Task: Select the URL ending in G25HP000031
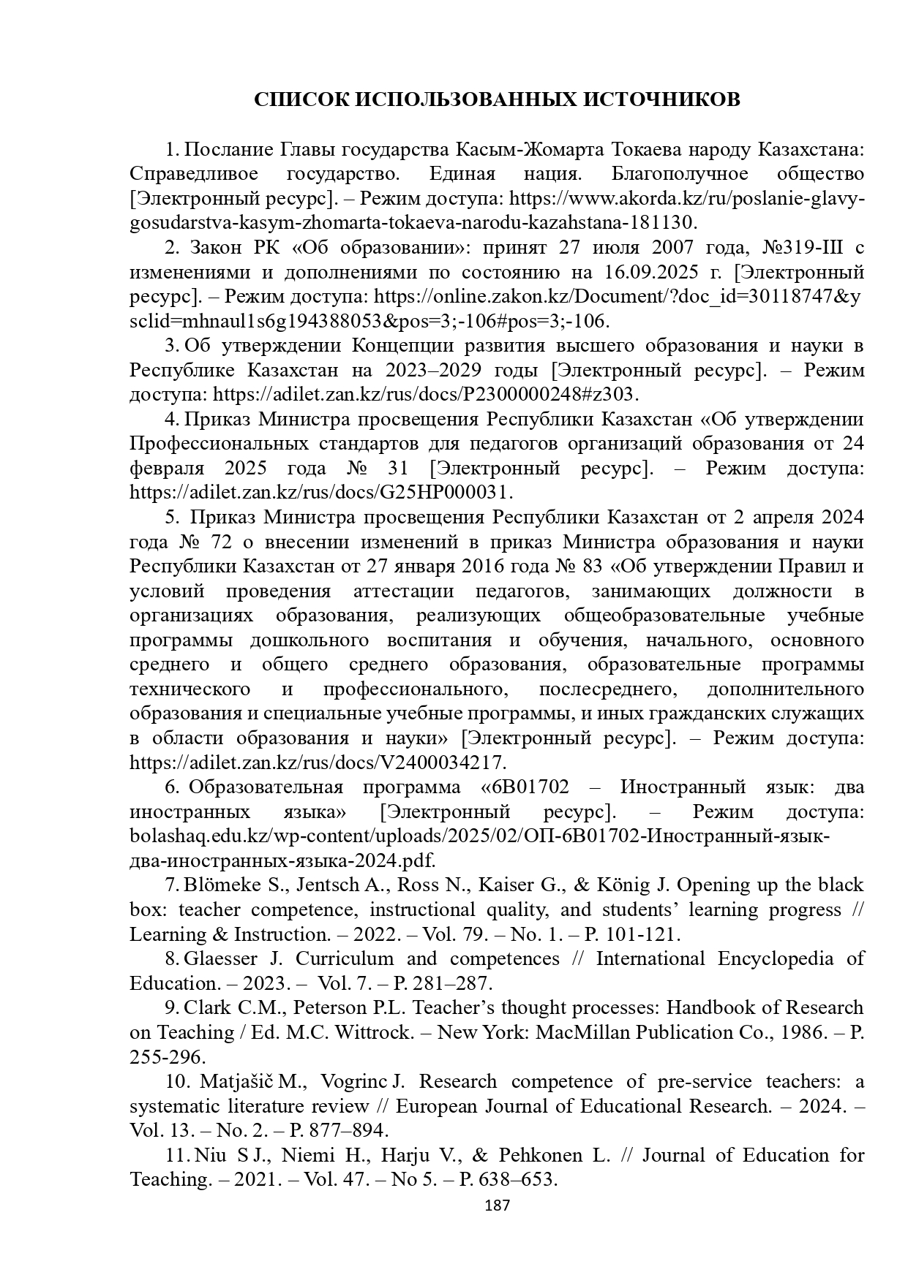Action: click(x=321, y=493)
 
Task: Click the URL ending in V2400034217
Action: click(x=318, y=763)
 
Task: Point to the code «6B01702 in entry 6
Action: click(x=525, y=788)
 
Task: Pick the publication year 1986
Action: click(x=811, y=1033)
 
